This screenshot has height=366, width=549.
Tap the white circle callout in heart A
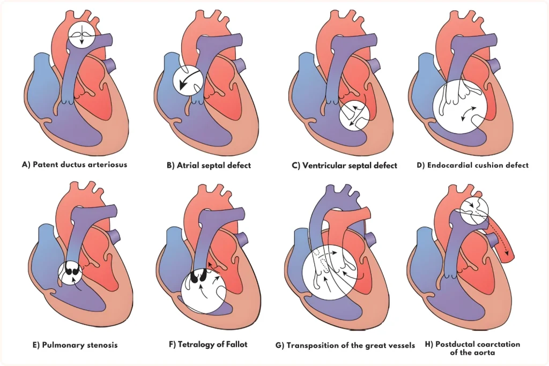click(x=82, y=35)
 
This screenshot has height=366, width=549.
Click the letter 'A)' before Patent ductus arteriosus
click(x=25, y=165)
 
